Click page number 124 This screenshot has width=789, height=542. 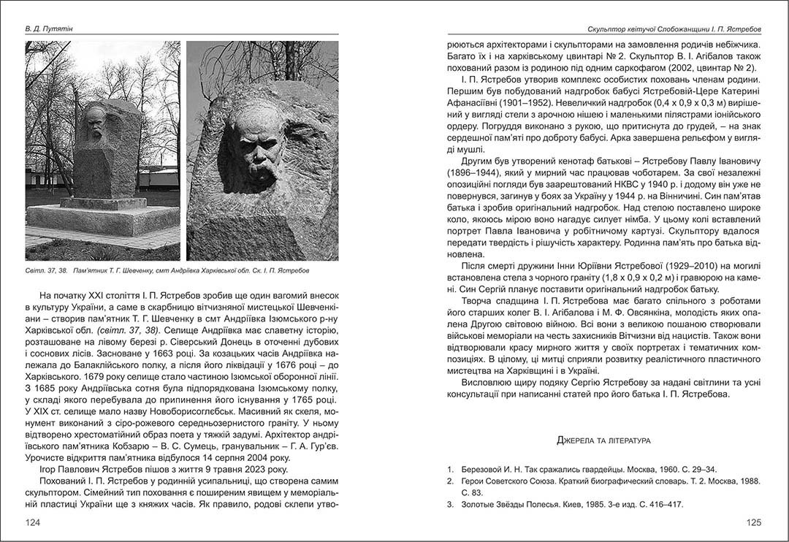pos(34,522)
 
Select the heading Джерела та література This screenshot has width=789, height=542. pos(604,440)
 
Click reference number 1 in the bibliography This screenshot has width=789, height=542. pos(450,469)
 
